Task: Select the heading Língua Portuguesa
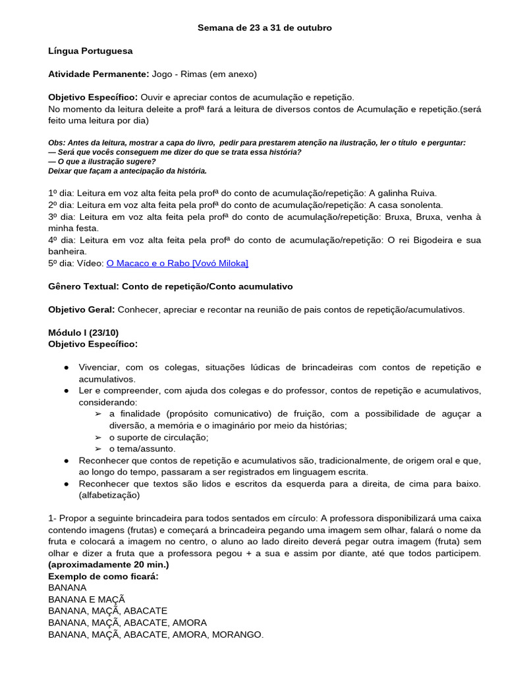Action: click(90, 51)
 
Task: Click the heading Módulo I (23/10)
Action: click(84, 333)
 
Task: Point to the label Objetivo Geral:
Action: click(82, 309)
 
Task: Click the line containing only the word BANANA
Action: click(67, 587)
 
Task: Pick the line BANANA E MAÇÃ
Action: click(86, 599)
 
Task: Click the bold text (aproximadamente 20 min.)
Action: click(109, 565)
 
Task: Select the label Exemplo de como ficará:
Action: click(103, 576)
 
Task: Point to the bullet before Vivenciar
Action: click(67, 367)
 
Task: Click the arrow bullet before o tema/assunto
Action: click(98, 449)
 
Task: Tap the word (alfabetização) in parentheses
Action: click(109, 495)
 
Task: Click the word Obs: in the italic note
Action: click(57, 143)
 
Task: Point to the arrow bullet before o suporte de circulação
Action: click(98, 438)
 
